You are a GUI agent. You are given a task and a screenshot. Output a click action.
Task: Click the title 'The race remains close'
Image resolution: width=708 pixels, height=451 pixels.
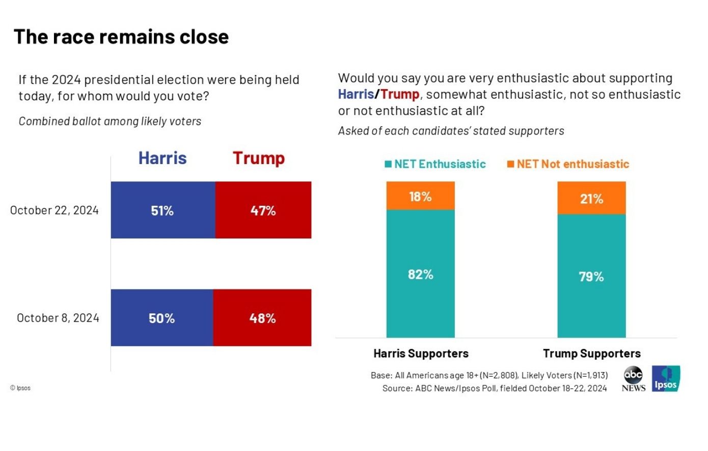[121, 37]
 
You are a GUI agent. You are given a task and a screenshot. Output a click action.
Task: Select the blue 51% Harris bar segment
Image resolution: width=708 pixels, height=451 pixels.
[163, 210]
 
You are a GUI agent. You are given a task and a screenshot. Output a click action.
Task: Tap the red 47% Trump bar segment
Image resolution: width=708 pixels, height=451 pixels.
[263, 210]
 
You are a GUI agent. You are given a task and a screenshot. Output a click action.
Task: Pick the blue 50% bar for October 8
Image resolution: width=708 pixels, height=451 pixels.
[162, 318]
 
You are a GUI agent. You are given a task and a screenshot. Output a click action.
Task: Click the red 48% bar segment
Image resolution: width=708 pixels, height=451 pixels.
[262, 318]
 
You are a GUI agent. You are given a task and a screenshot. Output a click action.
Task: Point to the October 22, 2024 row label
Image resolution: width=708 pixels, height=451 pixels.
[55, 210]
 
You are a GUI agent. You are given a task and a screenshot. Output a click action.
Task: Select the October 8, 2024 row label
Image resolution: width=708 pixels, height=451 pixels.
[58, 318]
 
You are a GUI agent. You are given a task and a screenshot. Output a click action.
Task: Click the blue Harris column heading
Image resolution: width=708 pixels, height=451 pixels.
[162, 158]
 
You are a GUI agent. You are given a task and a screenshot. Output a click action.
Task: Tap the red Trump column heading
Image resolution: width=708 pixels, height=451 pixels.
[259, 158]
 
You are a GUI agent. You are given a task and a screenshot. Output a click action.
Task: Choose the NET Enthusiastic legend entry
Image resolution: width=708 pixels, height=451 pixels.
[435, 164]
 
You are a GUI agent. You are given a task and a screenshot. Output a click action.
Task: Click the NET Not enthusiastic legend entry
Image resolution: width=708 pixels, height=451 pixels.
[568, 164]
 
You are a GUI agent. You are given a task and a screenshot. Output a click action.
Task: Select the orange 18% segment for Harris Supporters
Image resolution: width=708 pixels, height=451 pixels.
[420, 196]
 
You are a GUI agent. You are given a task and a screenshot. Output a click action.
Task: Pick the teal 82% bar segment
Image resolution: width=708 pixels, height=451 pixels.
[420, 274]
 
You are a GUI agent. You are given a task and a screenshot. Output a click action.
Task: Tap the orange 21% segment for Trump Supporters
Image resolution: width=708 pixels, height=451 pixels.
[591, 198]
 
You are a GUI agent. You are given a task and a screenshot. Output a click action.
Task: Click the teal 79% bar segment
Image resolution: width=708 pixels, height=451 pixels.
[591, 276]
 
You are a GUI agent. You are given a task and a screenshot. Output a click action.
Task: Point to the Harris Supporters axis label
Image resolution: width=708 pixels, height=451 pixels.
[421, 354]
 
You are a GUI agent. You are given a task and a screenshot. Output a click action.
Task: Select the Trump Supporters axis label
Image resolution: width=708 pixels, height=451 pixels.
[592, 354]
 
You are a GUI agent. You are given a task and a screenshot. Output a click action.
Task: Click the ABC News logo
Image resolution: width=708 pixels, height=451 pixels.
[633, 379]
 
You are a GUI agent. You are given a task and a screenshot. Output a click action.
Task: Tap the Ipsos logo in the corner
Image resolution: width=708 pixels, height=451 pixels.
[666, 379]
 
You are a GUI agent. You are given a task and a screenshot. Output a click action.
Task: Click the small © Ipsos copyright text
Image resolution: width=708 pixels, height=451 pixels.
[20, 388]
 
